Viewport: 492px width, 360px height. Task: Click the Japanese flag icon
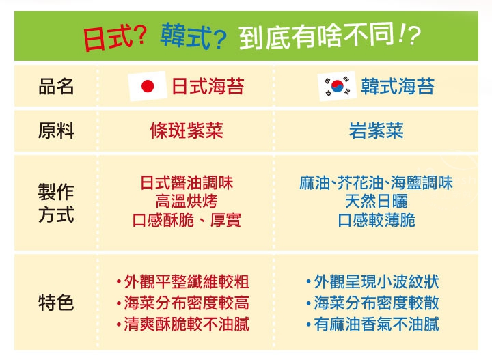(148, 86)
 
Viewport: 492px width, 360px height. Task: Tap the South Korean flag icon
(338, 86)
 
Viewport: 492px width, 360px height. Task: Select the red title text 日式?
(115, 38)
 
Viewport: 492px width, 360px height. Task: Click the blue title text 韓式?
(193, 36)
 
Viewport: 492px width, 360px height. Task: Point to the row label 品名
(56, 86)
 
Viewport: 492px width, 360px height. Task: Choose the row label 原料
(56, 130)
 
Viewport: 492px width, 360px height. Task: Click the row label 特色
(56, 303)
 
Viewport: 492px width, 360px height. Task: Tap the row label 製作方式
(56, 203)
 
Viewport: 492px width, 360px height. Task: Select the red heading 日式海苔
(208, 86)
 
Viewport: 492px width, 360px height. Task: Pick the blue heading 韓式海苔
(398, 86)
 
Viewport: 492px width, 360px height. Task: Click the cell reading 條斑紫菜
(187, 130)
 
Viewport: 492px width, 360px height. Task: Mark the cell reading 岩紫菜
(377, 130)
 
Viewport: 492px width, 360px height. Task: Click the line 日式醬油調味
(187, 183)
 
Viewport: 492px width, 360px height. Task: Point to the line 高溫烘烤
(187, 202)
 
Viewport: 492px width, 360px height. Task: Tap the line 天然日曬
(377, 202)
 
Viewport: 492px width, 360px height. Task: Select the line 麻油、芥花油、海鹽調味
(377, 183)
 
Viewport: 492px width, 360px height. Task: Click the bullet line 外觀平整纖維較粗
(183, 281)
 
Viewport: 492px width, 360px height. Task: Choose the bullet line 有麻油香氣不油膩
(373, 324)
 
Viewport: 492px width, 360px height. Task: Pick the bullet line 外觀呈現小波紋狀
(373, 281)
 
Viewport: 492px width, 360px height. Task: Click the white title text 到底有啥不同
(318, 36)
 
